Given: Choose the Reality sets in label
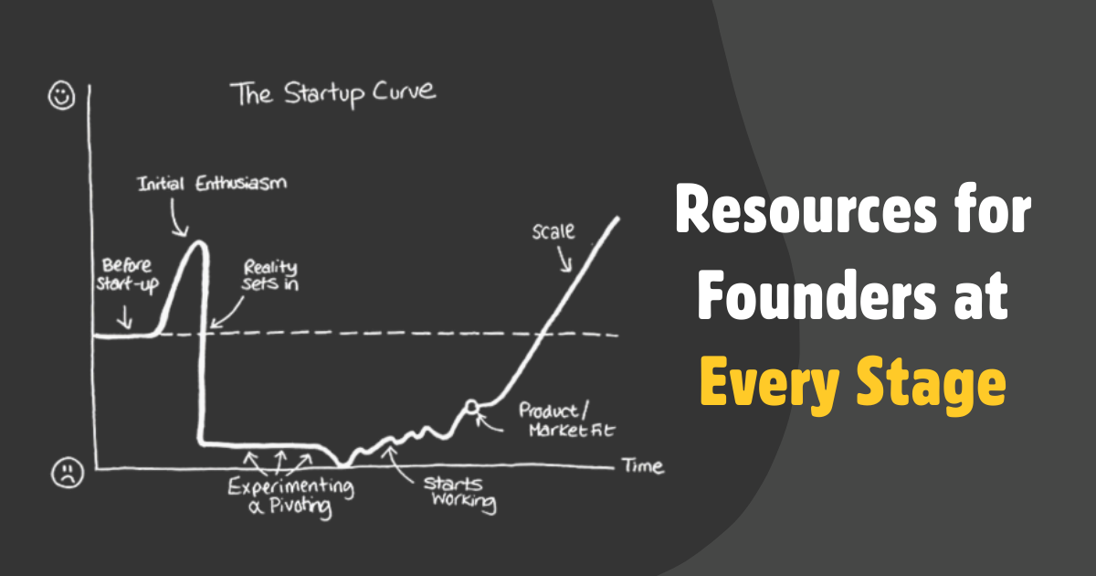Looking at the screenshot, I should [271, 275].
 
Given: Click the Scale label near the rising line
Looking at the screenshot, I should [553, 231].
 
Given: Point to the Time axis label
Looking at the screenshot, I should [644, 466].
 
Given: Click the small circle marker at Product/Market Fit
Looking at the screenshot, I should [471, 406].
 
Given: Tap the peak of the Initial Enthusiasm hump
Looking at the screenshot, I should [198, 242].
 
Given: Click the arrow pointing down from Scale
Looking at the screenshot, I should [566, 260].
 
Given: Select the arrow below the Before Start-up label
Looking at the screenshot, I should [125, 317].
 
